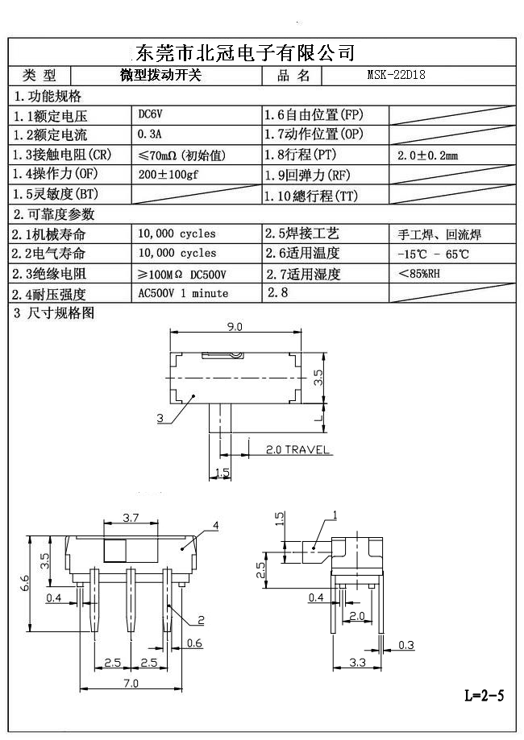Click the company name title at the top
242,53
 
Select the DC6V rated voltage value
152,114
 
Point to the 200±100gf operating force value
168,174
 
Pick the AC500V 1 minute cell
183,293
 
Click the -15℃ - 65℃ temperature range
433,254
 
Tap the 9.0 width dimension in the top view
235,327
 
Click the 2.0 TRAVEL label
297,449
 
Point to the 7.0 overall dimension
131,684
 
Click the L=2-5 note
484,695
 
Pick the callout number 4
216,526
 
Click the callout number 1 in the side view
335,515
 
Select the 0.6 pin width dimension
194,643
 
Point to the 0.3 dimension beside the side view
406,644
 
